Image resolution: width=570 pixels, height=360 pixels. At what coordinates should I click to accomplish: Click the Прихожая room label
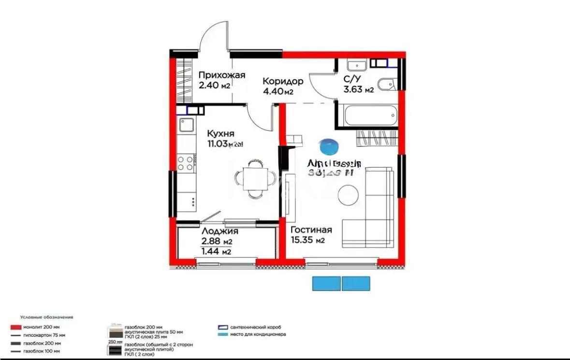pos(222,75)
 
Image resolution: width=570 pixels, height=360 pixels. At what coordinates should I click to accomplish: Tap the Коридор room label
pos(283,81)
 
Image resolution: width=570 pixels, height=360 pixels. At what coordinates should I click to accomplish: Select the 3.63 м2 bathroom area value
pos(358,89)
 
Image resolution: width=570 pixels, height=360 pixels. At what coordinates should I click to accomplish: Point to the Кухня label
pos(221,133)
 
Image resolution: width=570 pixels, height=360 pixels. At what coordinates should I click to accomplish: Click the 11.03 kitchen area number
pos(218,144)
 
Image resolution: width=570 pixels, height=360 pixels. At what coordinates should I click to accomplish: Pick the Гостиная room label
pos(311,230)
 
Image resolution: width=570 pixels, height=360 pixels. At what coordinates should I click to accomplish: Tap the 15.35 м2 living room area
pos(307,240)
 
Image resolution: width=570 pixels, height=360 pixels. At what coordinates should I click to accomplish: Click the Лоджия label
pos(220,231)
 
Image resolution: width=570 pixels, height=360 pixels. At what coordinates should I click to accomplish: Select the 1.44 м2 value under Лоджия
pos(216,251)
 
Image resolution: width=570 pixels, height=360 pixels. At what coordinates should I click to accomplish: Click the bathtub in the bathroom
pos(369,115)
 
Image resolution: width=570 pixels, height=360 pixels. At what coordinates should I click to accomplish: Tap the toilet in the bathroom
pos(387,84)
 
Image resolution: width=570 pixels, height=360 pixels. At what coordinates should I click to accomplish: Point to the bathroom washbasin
pos(357,64)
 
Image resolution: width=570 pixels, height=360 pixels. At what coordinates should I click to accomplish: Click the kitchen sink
pos(186,125)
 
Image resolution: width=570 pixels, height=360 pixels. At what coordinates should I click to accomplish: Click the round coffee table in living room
pos(348,196)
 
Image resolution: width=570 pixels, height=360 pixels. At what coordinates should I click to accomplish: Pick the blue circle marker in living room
pos(329,146)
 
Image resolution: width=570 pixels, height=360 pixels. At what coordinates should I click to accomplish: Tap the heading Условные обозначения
pos(46,317)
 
